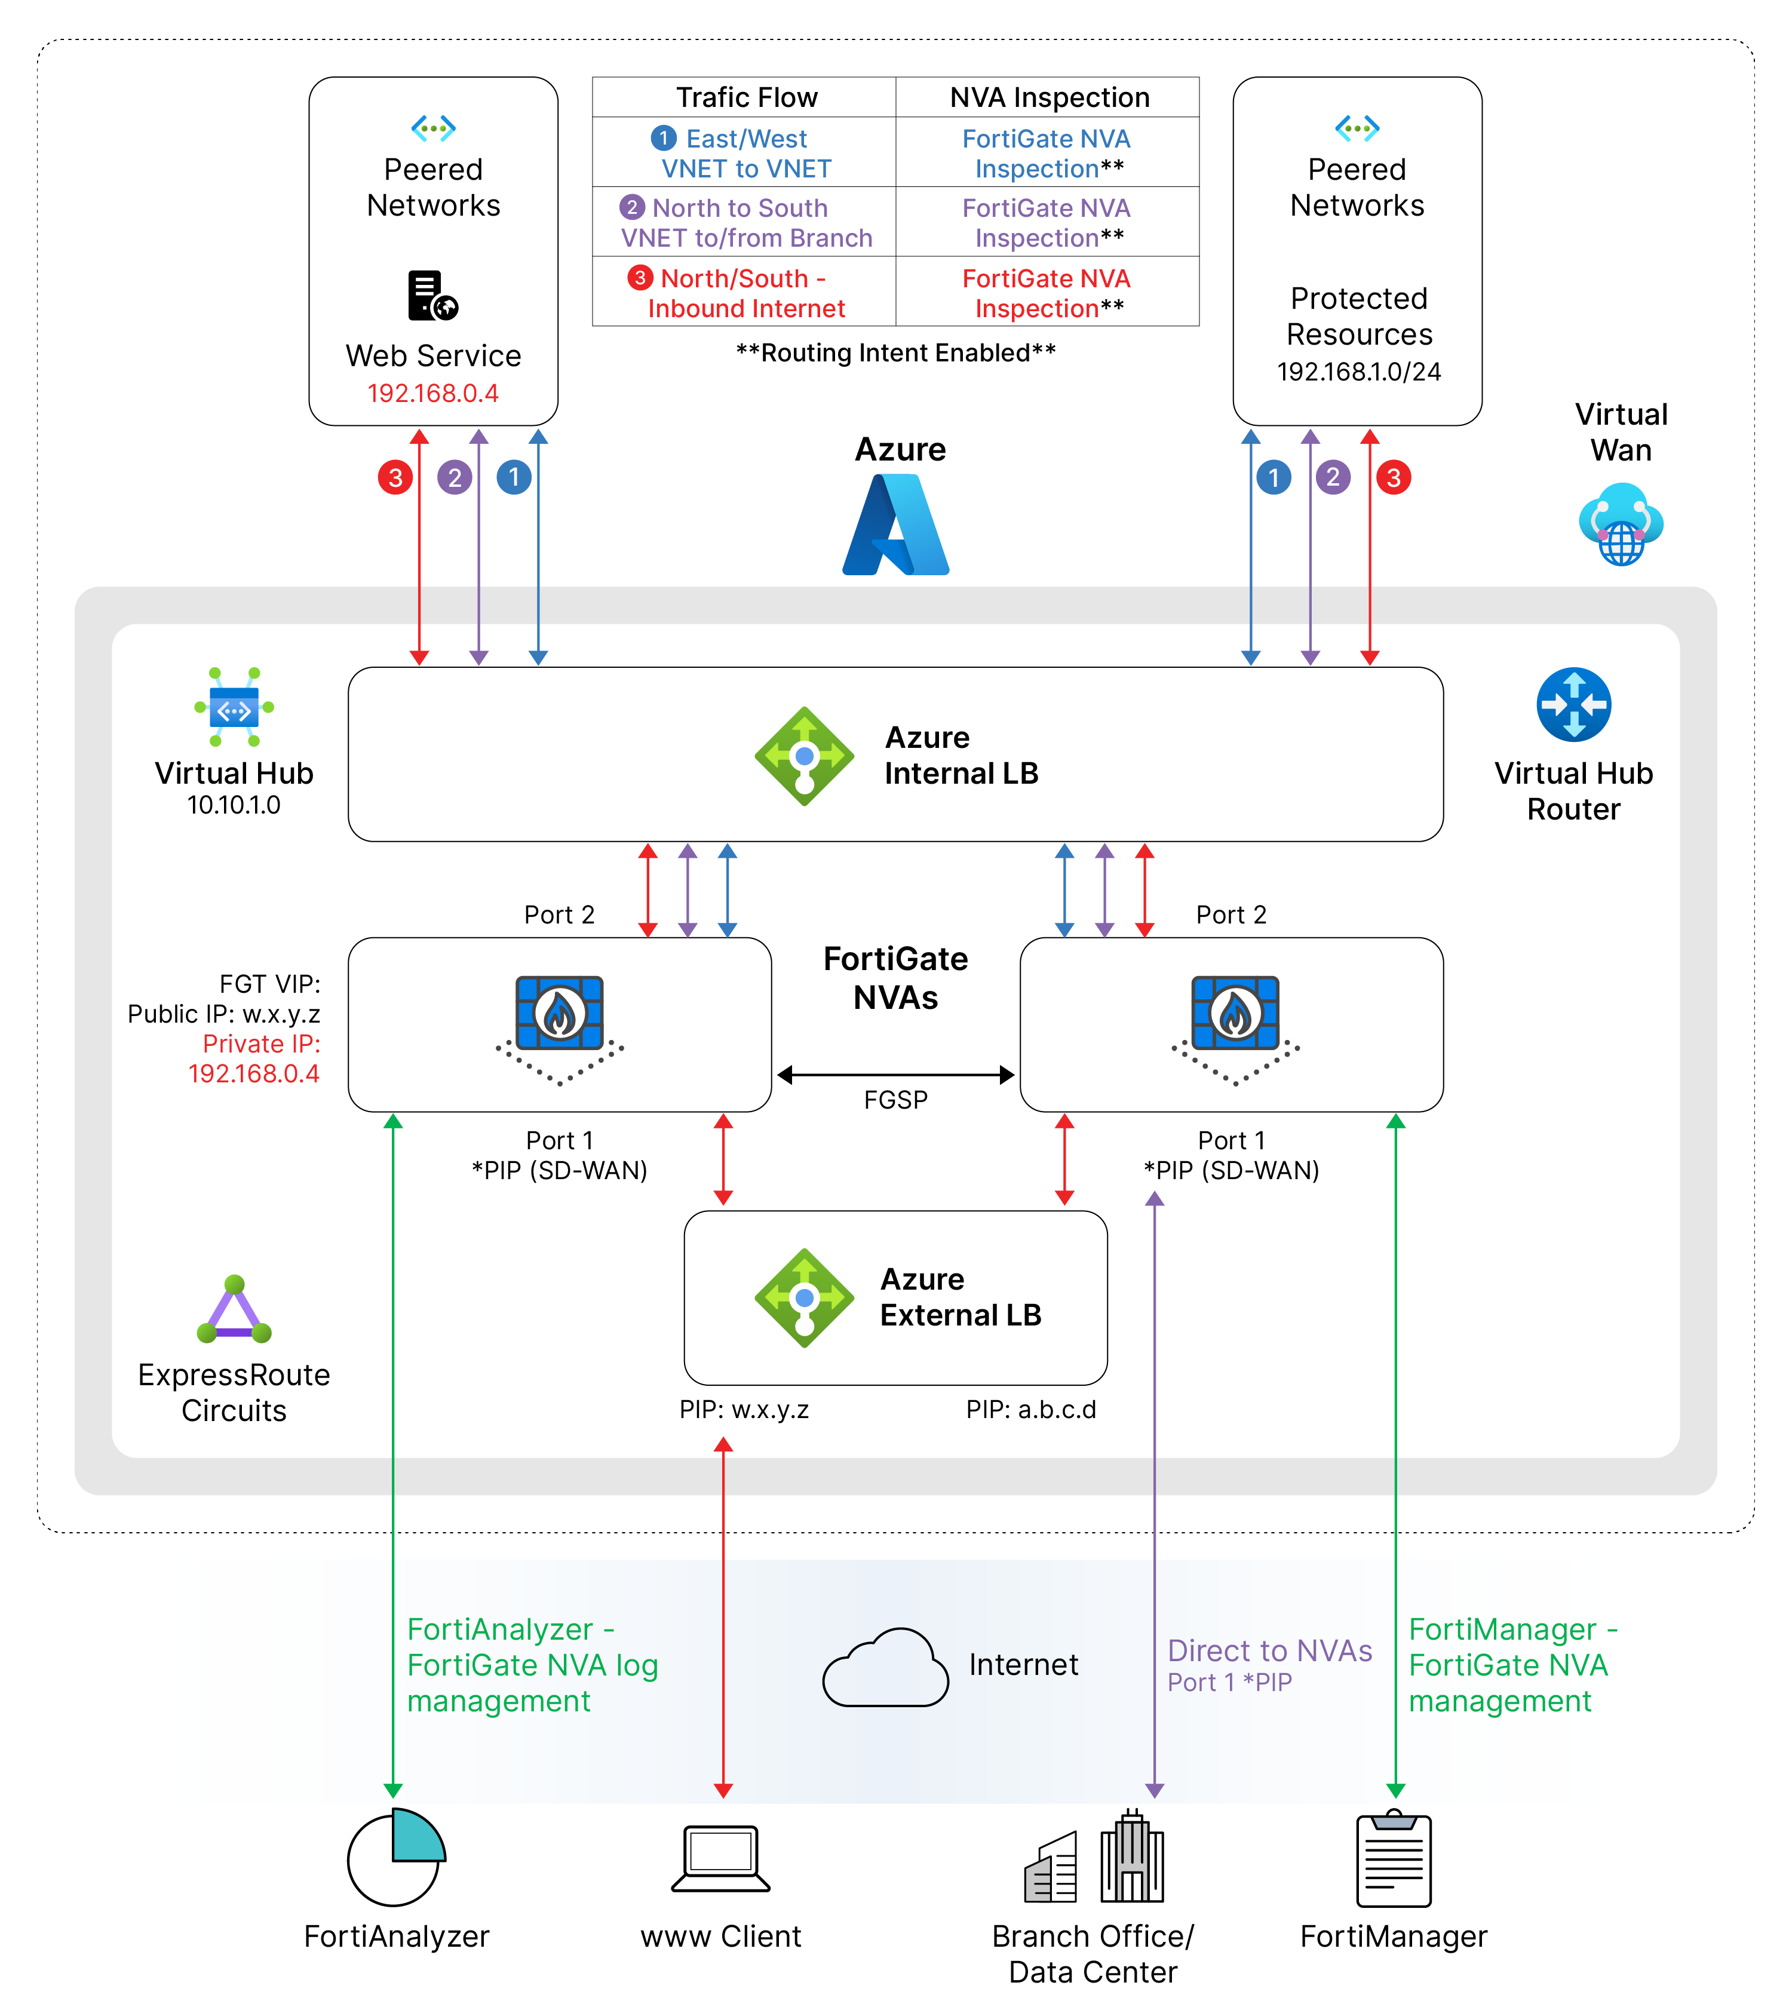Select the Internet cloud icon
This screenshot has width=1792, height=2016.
point(885,1669)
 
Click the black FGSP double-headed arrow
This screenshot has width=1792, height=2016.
point(895,1075)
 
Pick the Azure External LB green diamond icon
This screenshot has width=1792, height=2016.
point(804,1298)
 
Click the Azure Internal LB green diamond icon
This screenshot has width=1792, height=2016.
point(804,756)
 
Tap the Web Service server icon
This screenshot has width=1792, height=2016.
point(433,296)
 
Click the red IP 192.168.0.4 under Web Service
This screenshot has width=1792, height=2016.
point(433,394)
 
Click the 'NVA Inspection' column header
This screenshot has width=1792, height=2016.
point(1050,97)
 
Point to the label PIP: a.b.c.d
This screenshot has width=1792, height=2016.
point(1030,1410)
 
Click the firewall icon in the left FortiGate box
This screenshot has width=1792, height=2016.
point(559,1014)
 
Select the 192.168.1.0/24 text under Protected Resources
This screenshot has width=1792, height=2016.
point(1358,372)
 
